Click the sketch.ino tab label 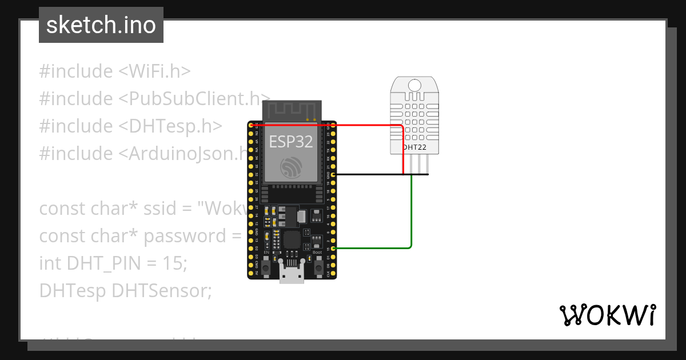pos(101,25)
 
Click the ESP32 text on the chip pos(292,142)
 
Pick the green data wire pos(411,217)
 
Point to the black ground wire pos(377,174)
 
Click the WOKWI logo pos(607,315)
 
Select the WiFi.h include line pos(115,71)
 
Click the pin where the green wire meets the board pos(333,248)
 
